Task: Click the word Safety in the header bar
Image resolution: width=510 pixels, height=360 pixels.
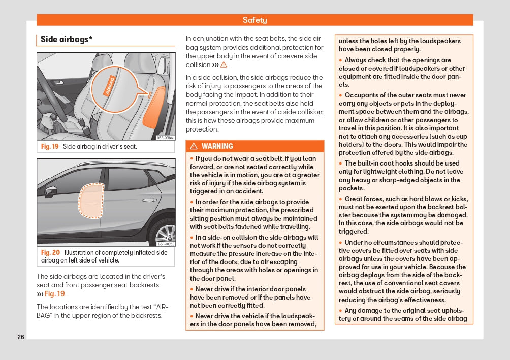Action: tap(254, 20)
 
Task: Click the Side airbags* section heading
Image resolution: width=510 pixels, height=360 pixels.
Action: tap(67, 39)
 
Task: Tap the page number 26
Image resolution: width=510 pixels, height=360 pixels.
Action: tap(21, 337)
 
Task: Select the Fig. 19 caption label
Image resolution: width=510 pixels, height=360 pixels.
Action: tap(50, 147)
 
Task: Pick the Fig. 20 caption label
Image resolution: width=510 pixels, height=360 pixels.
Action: tap(50, 252)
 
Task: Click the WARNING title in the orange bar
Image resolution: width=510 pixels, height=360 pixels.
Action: tap(217, 146)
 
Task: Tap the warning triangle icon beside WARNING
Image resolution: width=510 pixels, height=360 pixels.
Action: tap(194, 146)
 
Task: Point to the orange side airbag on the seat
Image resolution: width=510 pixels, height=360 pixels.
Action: tap(153, 107)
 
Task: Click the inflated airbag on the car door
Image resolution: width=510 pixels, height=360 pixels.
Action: tap(92, 200)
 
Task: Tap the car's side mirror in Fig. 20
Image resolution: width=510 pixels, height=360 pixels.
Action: tap(51, 191)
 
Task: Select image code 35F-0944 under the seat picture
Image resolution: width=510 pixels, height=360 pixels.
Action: tap(166, 138)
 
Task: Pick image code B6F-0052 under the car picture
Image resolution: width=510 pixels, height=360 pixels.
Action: tap(166, 244)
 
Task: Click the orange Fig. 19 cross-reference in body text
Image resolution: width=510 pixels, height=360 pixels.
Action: tap(54, 293)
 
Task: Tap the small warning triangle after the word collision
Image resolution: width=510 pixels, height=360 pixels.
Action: tap(224, 65)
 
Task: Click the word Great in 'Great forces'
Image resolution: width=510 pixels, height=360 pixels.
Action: tap(354, 199)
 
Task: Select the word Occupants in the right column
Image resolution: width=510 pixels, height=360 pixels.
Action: tap(362, 95)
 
